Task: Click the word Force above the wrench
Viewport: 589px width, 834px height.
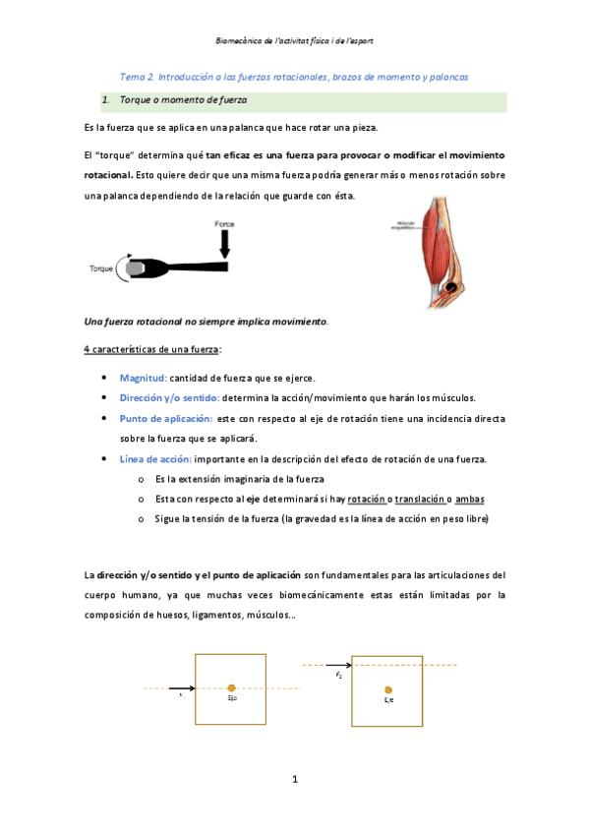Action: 225,224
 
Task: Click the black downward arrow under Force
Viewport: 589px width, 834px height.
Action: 225,244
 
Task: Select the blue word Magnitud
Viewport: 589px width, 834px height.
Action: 143,377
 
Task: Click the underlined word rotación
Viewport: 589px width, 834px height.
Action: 366,499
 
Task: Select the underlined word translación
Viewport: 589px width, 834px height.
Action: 426,499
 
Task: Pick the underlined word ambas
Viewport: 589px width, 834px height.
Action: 470,499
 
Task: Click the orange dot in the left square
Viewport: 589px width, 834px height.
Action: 231,688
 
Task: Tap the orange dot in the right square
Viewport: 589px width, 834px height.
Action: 388,689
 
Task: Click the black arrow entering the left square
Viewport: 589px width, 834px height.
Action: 182,688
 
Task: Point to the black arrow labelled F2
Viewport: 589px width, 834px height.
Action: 338,666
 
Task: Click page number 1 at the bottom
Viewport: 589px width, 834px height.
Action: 294,780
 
